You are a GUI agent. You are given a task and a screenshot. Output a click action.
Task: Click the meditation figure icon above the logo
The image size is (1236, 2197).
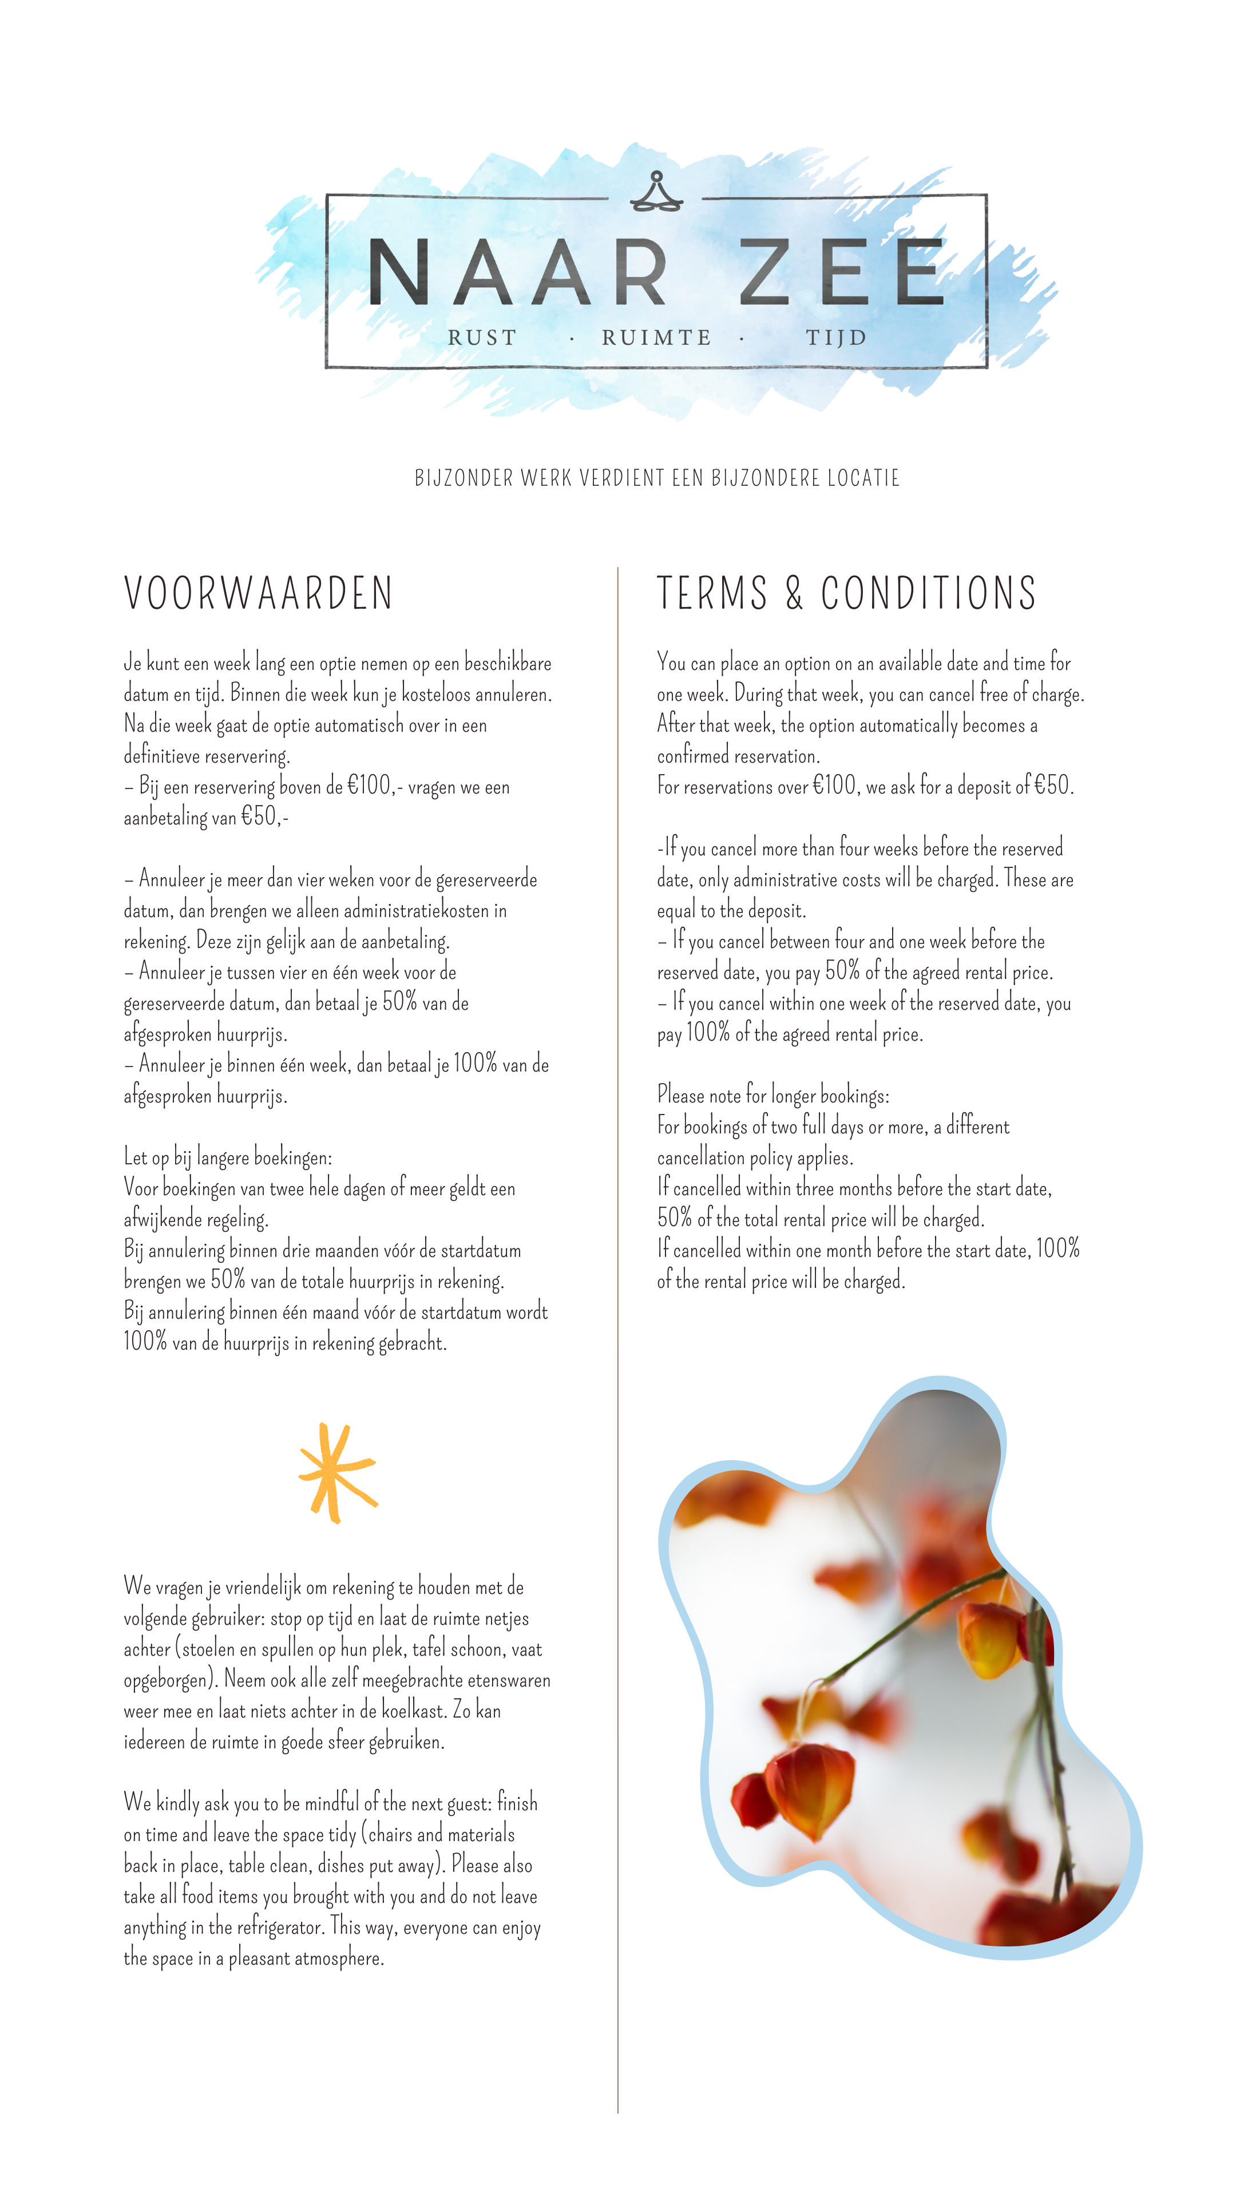pos(656,191)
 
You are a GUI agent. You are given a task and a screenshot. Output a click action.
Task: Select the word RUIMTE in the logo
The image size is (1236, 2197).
pos(656,338)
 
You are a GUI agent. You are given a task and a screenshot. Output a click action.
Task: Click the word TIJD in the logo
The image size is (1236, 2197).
pos(836,338)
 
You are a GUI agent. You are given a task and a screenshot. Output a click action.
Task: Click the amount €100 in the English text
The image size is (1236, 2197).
pos(834,786)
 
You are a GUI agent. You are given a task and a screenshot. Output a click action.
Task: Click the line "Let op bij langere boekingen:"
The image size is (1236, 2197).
pos(228,1157)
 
